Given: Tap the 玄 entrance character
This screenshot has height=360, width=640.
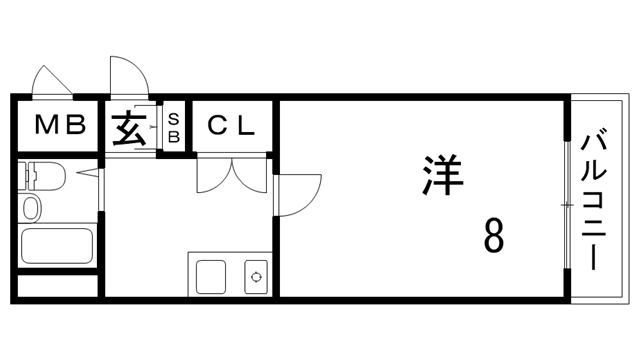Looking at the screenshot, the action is (x=128, y=128).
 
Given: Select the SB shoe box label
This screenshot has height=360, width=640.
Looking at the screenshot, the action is (x=172, y=126).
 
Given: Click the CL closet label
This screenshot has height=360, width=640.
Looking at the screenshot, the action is (x=232, y=126).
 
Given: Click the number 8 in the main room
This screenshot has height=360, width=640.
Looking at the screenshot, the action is (x=493, y=237).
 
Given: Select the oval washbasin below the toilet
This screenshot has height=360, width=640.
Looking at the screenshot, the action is (x=31, y=209).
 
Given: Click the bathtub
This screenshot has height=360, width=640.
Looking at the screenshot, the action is (x=57, y=246).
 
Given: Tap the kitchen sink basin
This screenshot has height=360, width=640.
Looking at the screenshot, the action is (x=211, y=275).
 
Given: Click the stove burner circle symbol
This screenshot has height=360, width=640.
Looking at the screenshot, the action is (x=256, y=276).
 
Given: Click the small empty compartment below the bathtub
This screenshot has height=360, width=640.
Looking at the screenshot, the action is (x=57, y=286).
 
